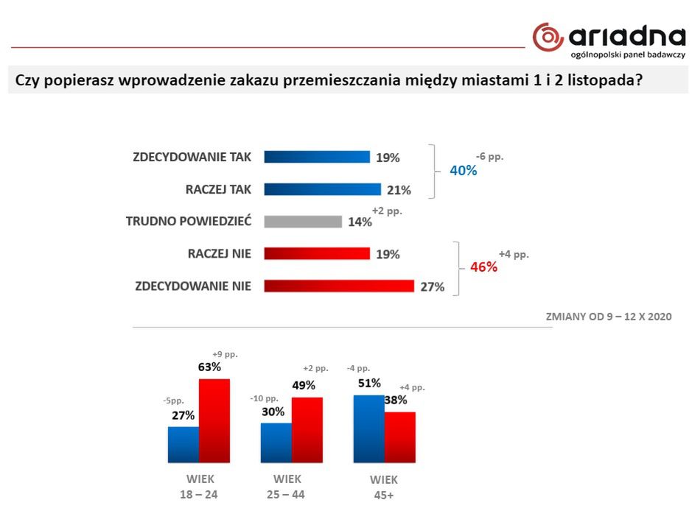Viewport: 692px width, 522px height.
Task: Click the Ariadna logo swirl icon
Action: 548,37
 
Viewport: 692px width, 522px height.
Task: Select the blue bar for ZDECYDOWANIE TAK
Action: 317,157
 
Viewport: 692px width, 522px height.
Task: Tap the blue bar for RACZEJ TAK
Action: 322,189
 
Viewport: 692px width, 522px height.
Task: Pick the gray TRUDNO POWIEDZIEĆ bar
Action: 303,222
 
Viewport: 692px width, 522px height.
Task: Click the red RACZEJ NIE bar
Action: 317,254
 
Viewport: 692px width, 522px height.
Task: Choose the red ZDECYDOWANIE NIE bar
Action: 338,286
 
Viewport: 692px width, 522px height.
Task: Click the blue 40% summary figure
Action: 464,171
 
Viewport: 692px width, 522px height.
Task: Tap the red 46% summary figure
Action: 483,267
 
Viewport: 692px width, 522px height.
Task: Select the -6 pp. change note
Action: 490,157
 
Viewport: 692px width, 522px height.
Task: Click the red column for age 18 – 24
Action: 214,420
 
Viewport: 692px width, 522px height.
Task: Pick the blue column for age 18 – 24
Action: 184,444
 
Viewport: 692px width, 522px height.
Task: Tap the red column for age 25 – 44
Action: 307,430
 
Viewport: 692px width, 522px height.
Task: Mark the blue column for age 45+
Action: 369,428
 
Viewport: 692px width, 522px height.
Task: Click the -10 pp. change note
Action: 266,398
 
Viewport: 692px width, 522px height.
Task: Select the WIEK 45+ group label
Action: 385,487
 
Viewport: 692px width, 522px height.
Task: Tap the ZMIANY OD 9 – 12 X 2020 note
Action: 608,317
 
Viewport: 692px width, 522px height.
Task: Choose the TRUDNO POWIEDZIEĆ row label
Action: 189,221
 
